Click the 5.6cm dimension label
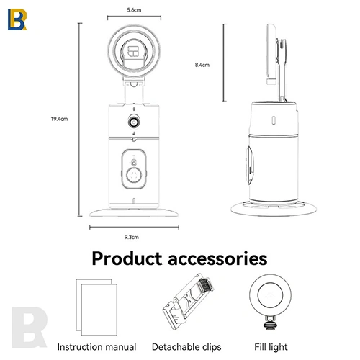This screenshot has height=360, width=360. point(134,10)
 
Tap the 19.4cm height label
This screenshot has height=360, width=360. point(59,119)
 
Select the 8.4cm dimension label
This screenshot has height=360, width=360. point(202,65)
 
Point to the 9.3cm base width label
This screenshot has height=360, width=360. point(132,237)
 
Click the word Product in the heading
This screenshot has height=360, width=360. point(127,258)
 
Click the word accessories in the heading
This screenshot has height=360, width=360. point(217,259)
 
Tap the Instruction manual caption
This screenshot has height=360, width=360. point(96,347)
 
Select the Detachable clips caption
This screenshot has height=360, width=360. point(186,347)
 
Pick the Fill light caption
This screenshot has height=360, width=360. point(271,347)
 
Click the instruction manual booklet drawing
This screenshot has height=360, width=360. point(96,307)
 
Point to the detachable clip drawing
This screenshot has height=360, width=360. point(187,302)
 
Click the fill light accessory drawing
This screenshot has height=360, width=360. point(270,302)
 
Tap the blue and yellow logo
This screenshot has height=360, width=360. point(17,19)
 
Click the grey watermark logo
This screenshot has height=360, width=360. point(29,328)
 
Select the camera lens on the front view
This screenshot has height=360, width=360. point(134,122)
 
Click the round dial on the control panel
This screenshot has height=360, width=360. point(134,176)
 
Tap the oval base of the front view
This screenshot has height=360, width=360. point(134,212)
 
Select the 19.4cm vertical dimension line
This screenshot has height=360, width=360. point(80,120)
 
